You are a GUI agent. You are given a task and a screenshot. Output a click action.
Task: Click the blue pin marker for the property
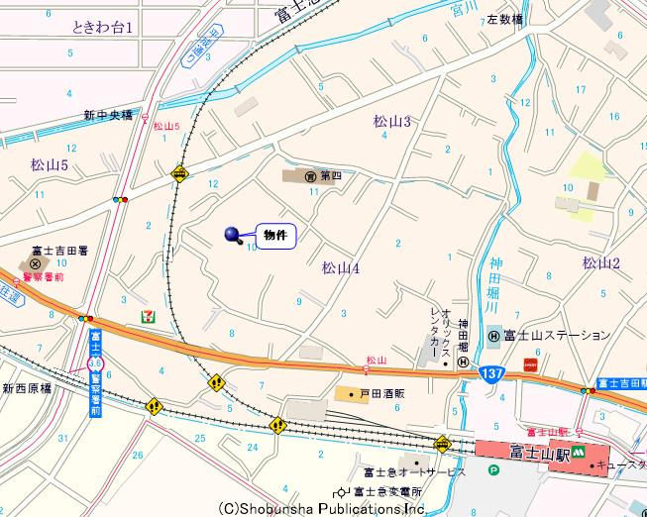234,235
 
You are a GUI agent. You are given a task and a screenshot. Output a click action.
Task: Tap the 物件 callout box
276,236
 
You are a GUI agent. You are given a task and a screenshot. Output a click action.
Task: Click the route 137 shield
493,372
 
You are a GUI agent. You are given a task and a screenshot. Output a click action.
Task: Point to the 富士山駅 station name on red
540,451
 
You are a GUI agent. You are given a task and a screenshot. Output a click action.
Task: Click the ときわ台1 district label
102,27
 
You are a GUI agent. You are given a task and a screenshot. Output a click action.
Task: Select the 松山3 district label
391,121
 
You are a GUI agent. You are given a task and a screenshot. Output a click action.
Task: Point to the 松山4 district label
340,267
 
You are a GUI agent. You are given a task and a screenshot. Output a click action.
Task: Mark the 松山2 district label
600,262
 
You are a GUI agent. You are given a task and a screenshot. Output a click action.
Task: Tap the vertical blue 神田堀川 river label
495,286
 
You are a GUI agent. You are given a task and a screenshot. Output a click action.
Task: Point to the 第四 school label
330,176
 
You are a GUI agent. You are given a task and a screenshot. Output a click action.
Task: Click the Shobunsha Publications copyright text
322,508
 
